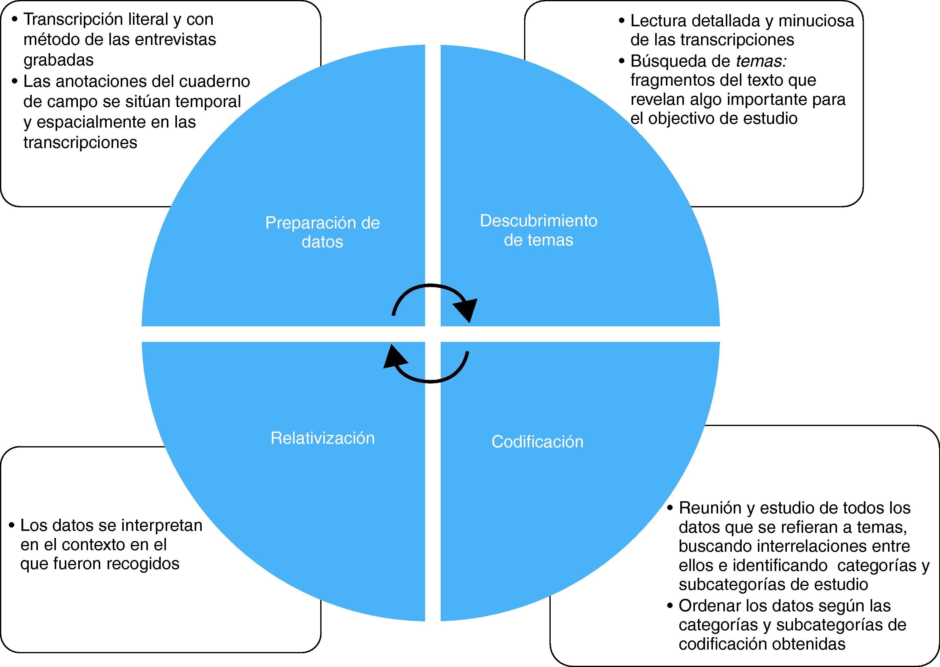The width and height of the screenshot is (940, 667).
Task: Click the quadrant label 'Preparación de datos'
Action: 322,232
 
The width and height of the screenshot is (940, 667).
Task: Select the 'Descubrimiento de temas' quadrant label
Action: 538,230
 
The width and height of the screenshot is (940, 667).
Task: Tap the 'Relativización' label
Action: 322,438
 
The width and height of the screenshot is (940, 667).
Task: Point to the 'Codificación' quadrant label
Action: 538,442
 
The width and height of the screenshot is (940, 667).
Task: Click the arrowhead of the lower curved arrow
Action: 394,357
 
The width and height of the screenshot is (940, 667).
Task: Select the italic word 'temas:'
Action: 761,61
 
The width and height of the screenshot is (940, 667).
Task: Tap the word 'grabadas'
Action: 59,60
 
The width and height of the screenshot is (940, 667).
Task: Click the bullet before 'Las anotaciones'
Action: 15,81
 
